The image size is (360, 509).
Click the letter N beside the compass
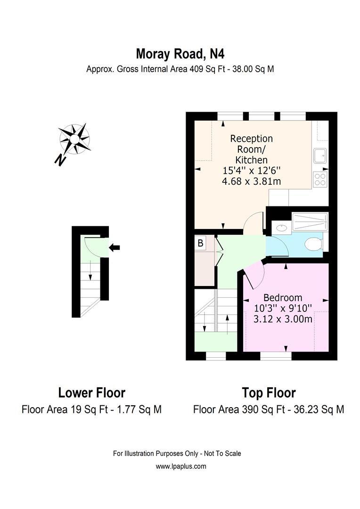(60, 160)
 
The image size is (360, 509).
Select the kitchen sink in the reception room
(320, 155)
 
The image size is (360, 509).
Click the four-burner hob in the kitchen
(320, 179)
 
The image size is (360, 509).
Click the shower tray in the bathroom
(310, 222)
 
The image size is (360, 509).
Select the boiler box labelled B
(200, 244)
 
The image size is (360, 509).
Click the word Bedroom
(283, 298)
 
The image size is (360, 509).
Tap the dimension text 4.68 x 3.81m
(252, 181)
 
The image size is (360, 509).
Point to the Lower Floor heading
(92, 393)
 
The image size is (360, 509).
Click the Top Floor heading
(269, 393)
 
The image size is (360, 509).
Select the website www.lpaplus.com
(181, 467)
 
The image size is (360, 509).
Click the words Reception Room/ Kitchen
(252, 149)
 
